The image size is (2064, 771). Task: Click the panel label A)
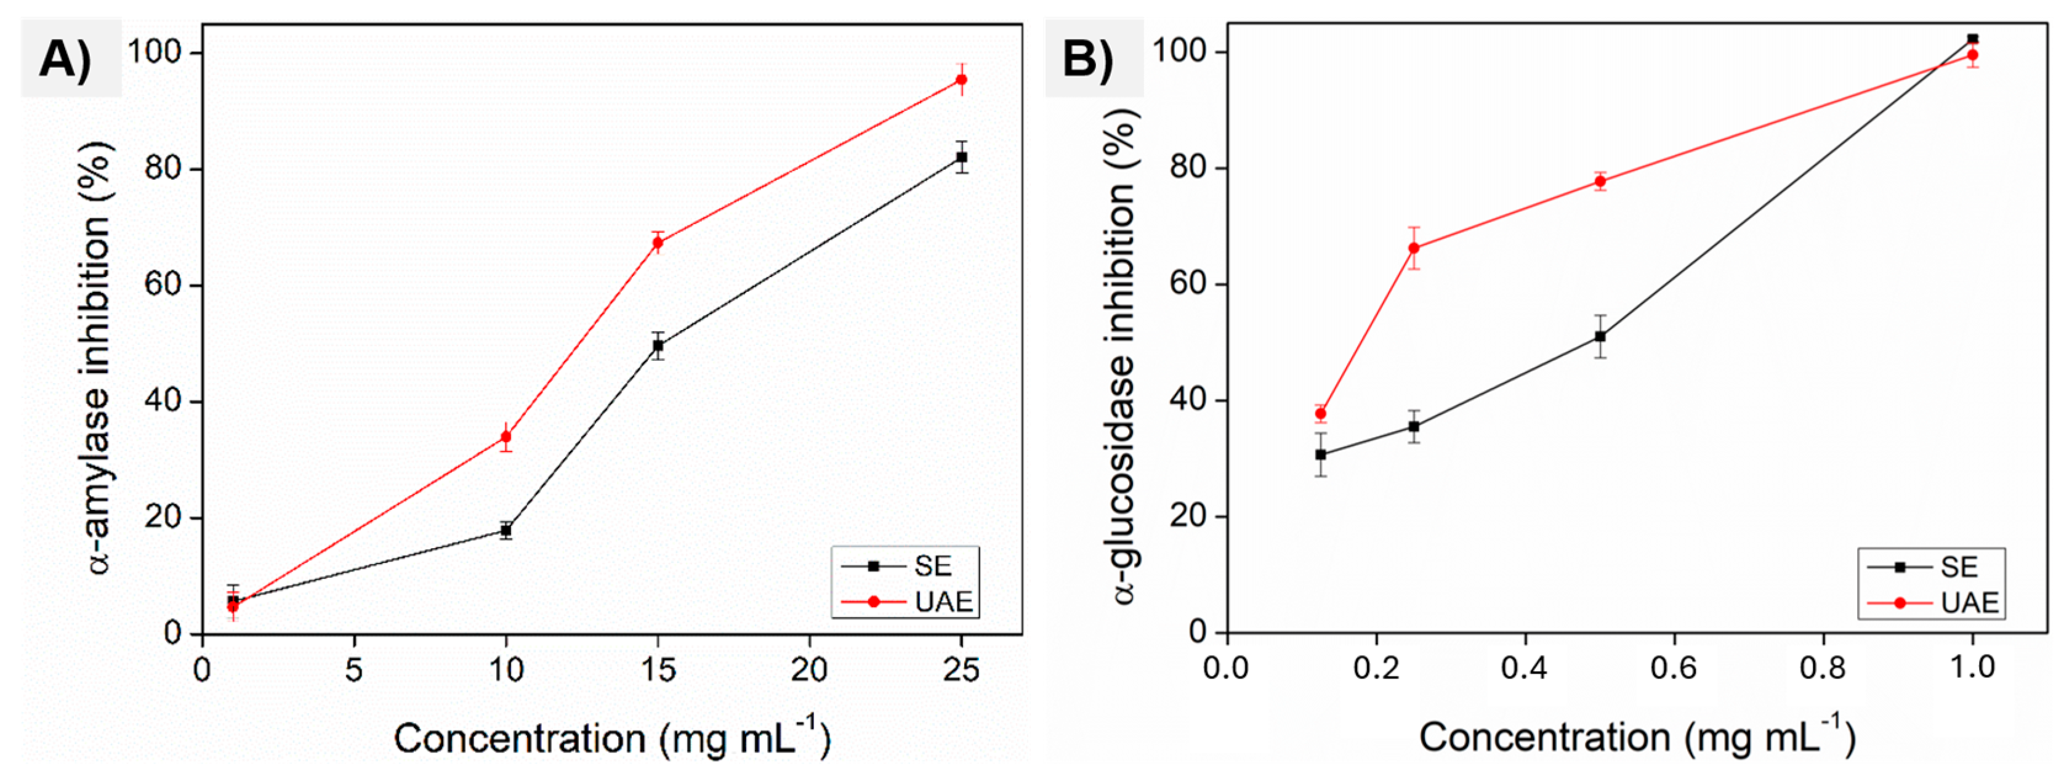coord(66,59)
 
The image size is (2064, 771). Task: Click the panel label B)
coord(1088,59)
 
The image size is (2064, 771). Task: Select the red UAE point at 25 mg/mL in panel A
coord(961,79)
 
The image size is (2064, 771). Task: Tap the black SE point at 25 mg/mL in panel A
coord(961,157)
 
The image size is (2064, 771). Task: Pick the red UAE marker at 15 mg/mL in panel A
coord(658,242)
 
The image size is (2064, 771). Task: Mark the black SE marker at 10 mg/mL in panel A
coord(506,531)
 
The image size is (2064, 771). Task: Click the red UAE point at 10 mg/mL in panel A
coord(506,437)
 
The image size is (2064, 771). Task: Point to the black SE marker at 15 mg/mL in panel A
coord(658,346)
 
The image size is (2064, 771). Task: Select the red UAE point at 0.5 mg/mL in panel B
coord(1600,181)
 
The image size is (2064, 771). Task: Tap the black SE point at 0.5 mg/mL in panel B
coord(1600,337)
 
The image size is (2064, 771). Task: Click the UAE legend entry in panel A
coord(908,601)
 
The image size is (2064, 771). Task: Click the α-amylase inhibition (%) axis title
coord(98,357)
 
